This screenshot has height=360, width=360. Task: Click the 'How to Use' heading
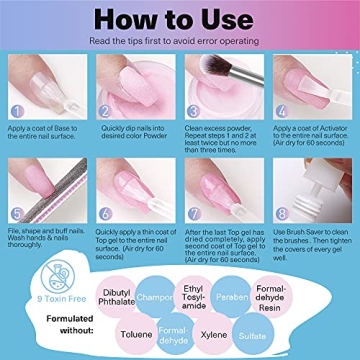[x=179, y=19]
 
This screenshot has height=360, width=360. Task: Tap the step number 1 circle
[x=16, y=112]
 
